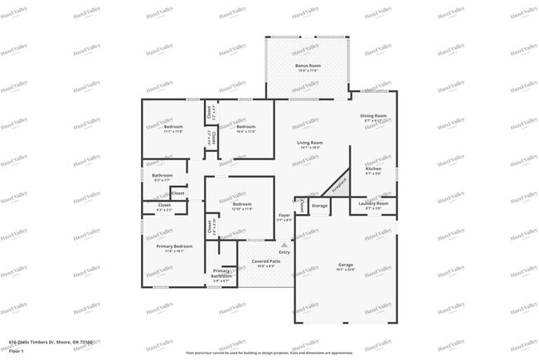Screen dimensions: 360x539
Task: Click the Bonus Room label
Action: (308, 66)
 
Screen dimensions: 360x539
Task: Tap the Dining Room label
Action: (373, 118)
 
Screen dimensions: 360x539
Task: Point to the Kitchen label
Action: (373, 171)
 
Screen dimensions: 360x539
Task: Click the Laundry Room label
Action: (373, 204)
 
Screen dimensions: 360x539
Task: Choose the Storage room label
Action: (319, 206)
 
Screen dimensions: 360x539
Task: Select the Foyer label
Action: (284, 217)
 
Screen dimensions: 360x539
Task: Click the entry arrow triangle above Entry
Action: (284, 245)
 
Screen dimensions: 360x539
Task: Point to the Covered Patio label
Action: (265, 263)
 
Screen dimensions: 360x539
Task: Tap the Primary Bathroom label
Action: (221, 275)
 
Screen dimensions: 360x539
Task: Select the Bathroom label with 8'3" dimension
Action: (162, 177)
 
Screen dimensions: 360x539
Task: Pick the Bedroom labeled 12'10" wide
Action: (241, 206)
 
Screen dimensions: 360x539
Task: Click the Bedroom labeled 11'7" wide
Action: (173, 129)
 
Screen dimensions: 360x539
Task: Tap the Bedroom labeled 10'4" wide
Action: (245, 129)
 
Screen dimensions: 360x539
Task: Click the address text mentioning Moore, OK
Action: (50, 341)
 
